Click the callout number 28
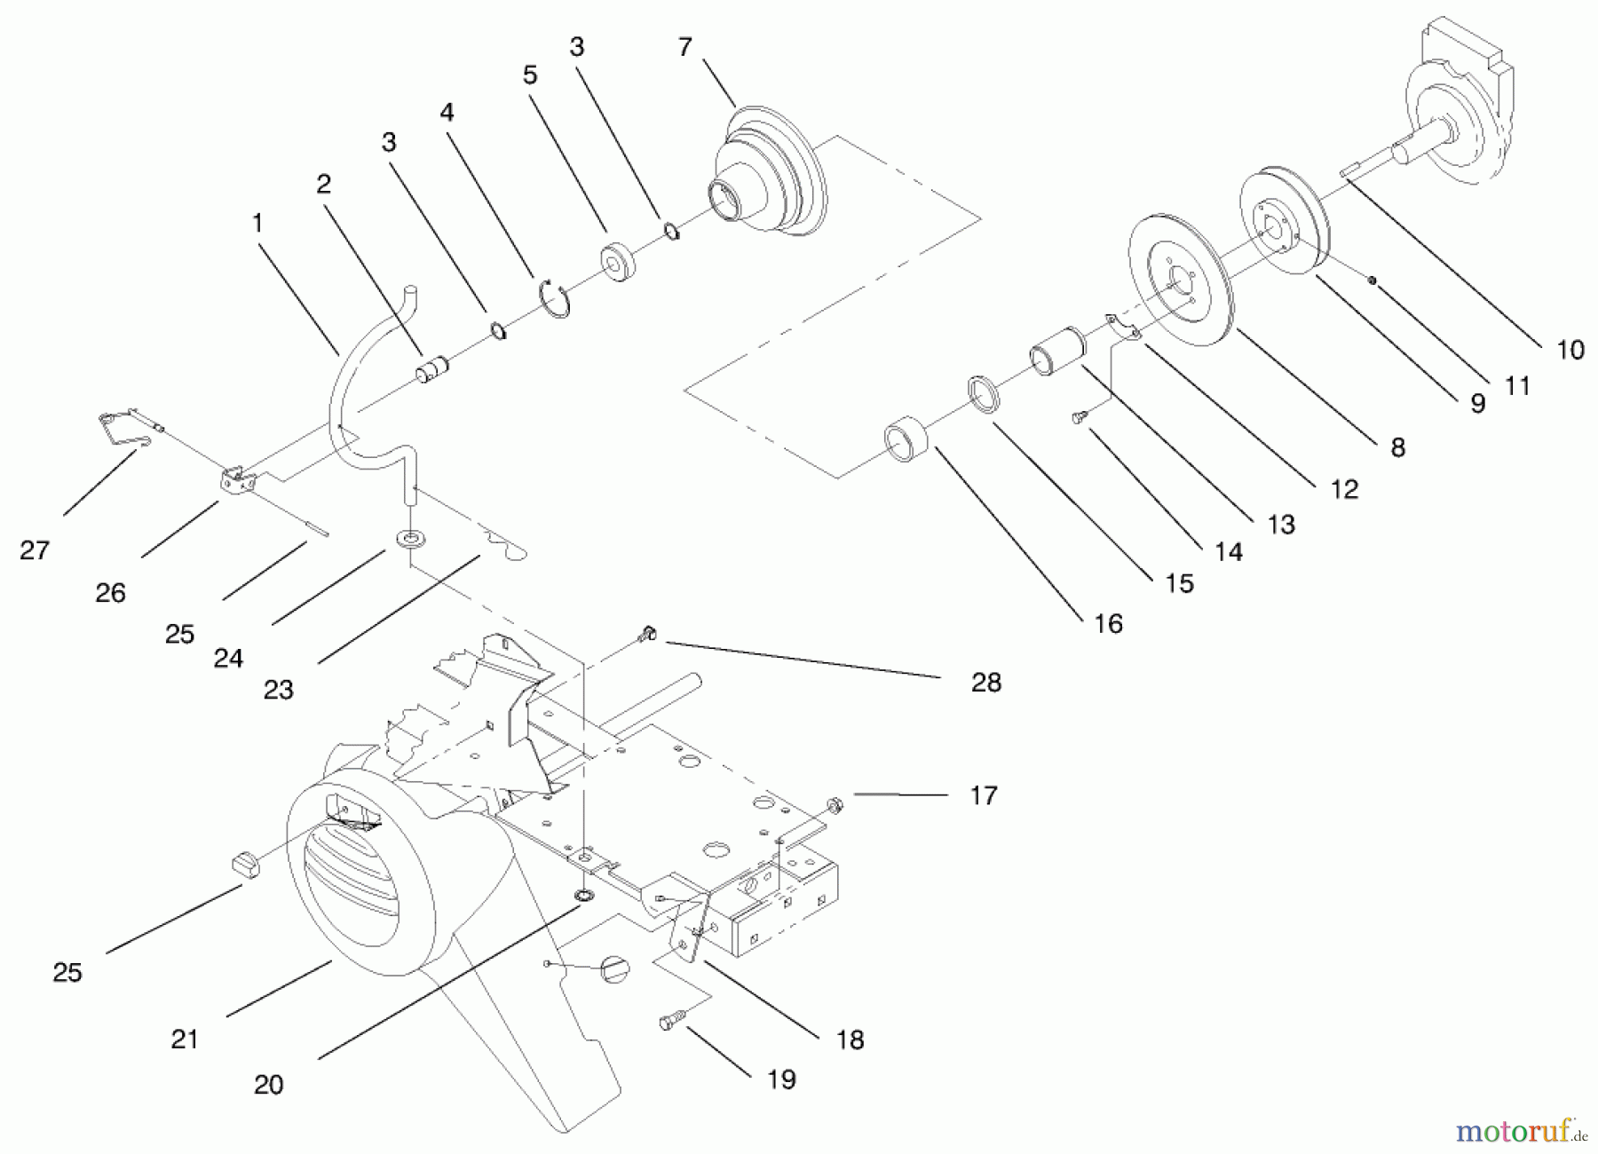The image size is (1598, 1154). [x=985, y=682]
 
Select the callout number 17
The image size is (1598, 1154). [x=983, y=794]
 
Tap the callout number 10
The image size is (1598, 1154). [x=1570, y=350]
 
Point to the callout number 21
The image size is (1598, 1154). [x=185, y=1039]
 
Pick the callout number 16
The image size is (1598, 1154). [x=1108, y=623]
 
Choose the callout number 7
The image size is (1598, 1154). [x=684, y=47]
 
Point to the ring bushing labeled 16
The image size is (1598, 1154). [x=906, y=439]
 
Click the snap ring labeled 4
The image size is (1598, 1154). [x=556, y=297]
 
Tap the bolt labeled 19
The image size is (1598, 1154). [x=674, y=1021]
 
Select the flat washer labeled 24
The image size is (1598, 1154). [x=410, y=539]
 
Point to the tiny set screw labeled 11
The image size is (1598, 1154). [x=1372, y=281]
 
